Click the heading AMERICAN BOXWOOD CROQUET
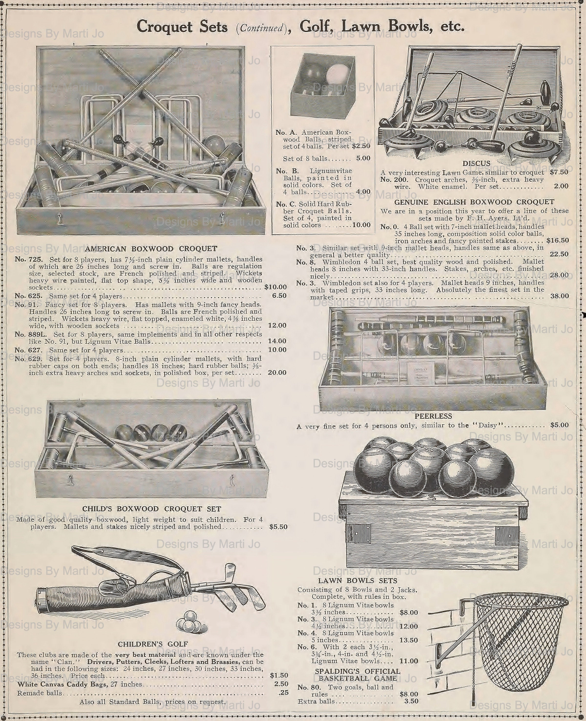pyautogui.click(x=151, y=249)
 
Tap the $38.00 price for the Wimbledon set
pyautogui.click(x=559, y=296)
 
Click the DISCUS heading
pyautogui.click(x=476, y=163)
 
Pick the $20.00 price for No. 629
pyautogui.click(x=277, y=372)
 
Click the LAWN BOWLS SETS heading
pyautogui.click(x=358, y=581)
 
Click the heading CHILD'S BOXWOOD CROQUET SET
pyautogui.click(x=152, y=509)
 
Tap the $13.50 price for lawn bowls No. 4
pyautogui.click(x=408, y=640)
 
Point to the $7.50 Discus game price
pyautogui.click(x=559, y=172)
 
